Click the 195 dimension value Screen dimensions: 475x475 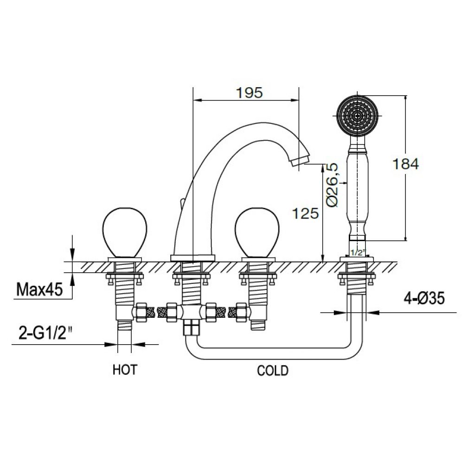[249, 93]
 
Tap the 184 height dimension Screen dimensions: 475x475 [405, 164]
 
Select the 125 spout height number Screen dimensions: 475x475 [305, 213]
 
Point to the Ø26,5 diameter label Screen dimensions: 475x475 [332, 185]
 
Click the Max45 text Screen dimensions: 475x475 [39, 289]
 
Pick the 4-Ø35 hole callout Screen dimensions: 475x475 [424, 298]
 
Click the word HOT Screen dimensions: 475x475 [125, 370]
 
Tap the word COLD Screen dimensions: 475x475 [273, 370]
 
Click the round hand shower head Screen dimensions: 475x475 [358, 116]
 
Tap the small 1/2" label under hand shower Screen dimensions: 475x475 [358, 252]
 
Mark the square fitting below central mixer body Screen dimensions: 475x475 [192, 328]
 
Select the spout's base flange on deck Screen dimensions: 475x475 [193, 258]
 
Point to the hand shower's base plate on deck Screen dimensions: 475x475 [357, 259]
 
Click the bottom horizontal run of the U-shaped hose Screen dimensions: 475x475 [274, 353]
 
